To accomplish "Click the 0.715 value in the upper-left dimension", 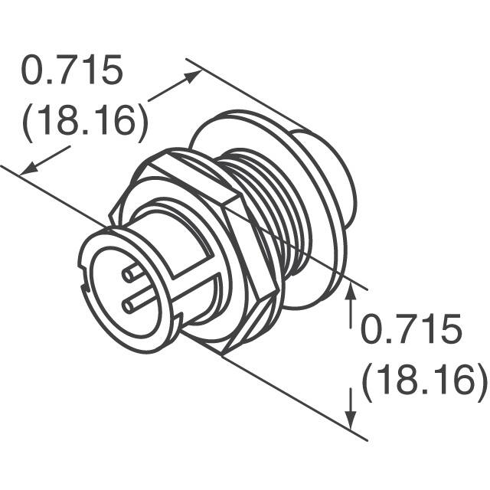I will (71, 72).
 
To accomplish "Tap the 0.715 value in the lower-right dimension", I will (411, 331).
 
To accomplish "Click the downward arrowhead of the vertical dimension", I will (351, 422).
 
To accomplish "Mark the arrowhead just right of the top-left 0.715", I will (194, 76).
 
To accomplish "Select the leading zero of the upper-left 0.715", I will (35, 72).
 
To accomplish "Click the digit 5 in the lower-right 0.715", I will (451, 331).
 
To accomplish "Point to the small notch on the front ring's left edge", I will (81, 289).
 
